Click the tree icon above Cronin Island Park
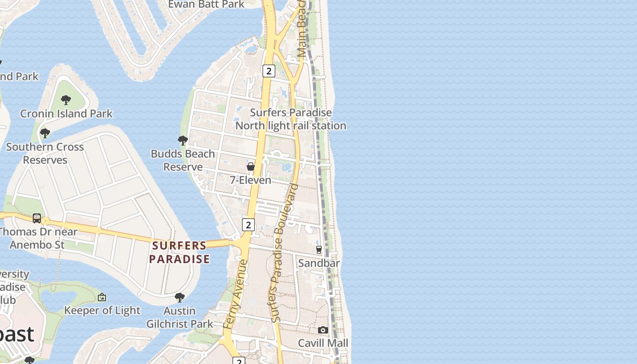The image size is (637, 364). (66, 100)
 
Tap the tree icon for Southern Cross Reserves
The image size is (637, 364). (45, 133)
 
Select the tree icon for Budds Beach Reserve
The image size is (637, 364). (182, 140)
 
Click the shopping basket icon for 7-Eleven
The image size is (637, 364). (250, 167)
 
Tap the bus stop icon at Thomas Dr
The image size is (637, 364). (37, 218)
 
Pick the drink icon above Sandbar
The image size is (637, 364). (319, 249)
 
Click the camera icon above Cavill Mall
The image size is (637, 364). (323, 330)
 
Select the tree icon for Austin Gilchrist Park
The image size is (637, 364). (180, 298)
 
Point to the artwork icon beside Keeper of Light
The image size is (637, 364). (102, 297)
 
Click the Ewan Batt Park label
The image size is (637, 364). (206, 5)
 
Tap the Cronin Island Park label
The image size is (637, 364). (66, 113)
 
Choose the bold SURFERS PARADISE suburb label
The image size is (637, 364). (180, 253)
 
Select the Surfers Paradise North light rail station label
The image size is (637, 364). (291, 119)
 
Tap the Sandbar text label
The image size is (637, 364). (318, 263)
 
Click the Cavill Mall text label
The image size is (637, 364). (323, 343)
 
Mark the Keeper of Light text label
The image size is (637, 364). (102, 310)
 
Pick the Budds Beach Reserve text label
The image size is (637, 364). (182, 160)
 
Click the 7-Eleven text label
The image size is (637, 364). (250, 180)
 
